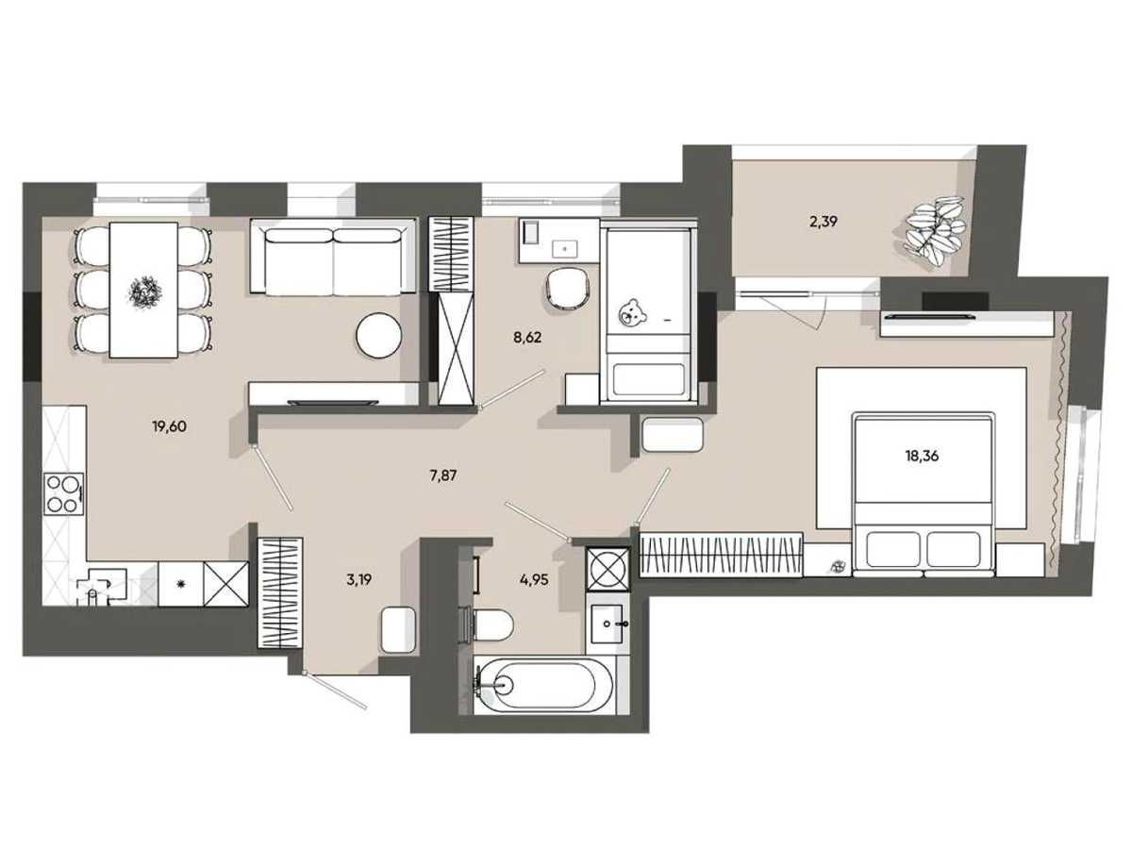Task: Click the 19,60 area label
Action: pos(169,426)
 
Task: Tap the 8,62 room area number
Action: pos(527,338)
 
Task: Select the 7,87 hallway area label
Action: pos(443,475)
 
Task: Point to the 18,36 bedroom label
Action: pos(922,456)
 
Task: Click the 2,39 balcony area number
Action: pos(823,223)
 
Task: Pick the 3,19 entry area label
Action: pos(359,580)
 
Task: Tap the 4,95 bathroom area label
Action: pos(534,580)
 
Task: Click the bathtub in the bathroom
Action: pos(545,685)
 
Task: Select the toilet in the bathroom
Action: pos(489,624)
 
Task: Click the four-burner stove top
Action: pos(64,493)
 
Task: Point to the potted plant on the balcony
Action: pos(935,231)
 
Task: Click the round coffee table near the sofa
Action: pos(378,335)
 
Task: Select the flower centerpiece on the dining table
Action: pos(145,291)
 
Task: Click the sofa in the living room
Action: pos(333,257)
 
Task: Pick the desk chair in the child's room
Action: pos(567,290)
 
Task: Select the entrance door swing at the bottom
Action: pos(335,691)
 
